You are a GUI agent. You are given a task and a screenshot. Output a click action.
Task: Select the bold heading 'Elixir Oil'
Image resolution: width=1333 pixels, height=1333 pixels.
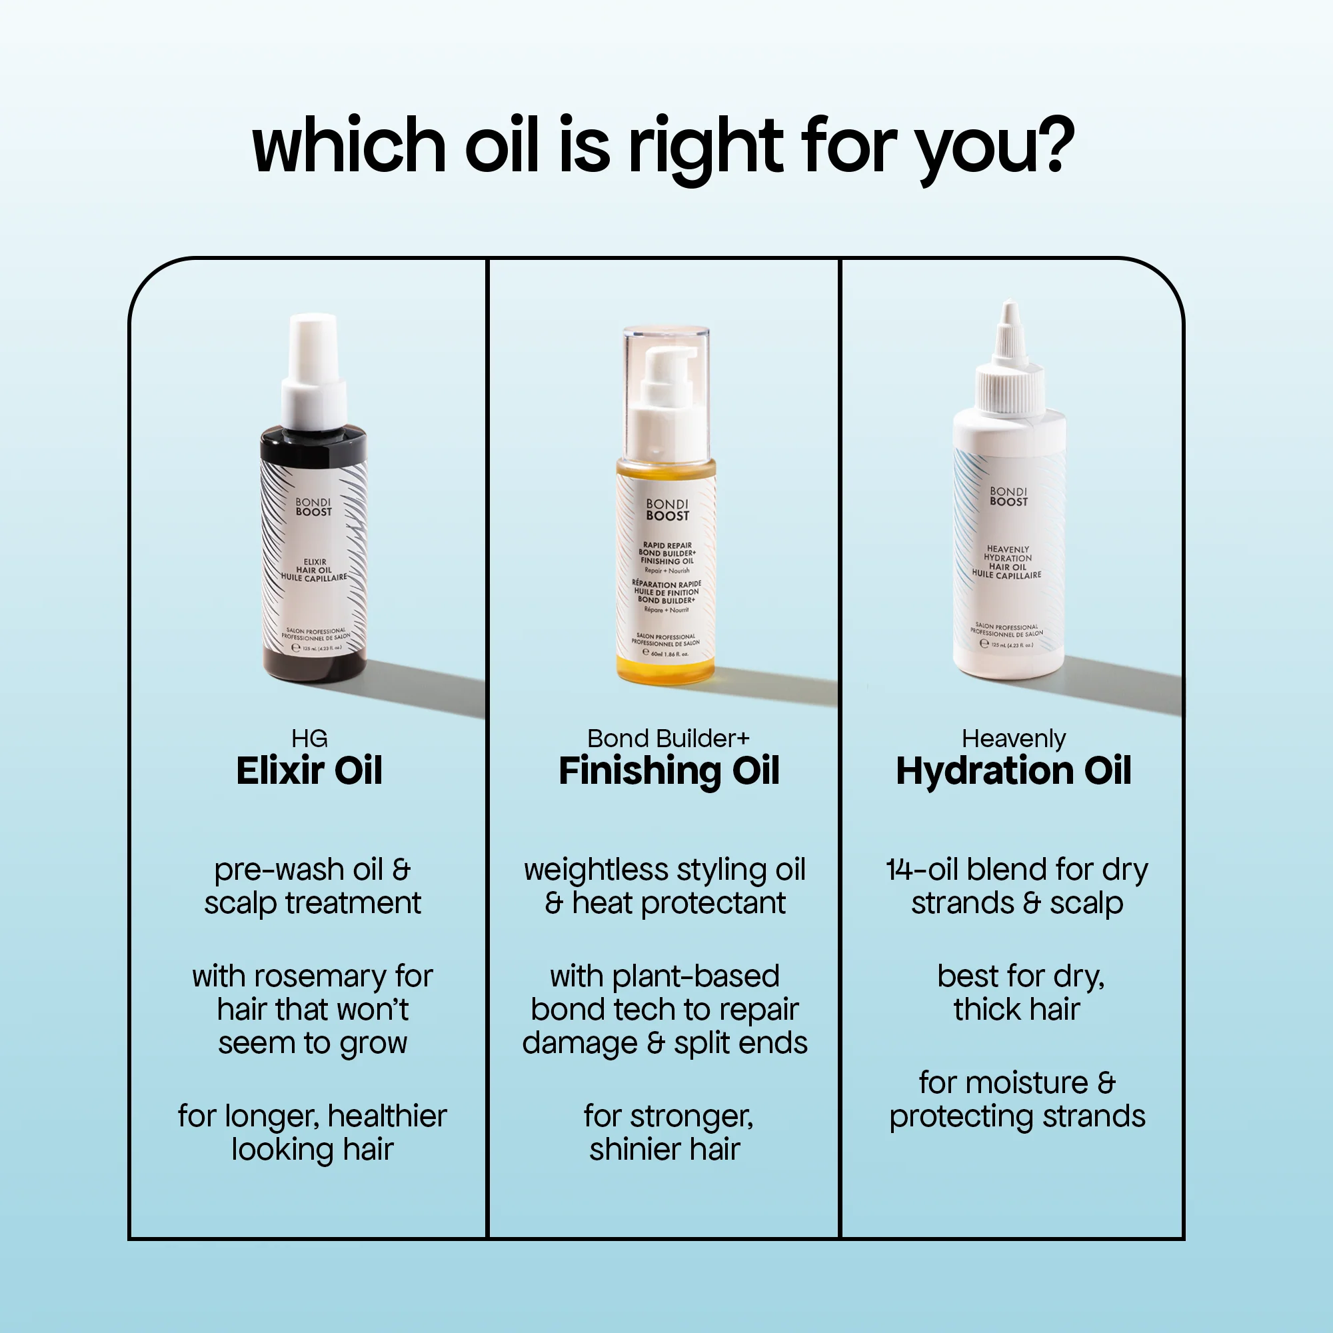[x=309, y=770]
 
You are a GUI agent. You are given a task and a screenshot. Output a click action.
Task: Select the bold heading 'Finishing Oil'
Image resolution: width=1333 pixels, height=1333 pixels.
[x=668, y=770]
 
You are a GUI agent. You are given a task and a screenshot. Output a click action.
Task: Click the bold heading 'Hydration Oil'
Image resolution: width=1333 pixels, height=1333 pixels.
[x=1013, y=770]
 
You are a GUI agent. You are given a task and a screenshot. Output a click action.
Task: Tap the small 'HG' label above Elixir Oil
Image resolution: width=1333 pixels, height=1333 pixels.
[x=309, y=739]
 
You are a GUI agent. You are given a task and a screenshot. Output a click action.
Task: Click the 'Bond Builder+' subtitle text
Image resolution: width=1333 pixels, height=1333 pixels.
[x=668, y=738]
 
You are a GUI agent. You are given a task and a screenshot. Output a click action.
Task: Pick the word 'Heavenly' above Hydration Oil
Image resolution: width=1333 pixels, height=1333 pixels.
[x=1013, y=739]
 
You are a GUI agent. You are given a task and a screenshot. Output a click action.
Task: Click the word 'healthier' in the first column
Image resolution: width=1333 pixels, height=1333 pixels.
[x=387, y=1116]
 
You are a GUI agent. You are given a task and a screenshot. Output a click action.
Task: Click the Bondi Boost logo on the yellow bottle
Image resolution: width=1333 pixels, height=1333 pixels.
[x=666, y=510]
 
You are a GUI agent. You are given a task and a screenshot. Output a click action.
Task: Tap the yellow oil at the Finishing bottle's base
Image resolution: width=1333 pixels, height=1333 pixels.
[x=666, y=669]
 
